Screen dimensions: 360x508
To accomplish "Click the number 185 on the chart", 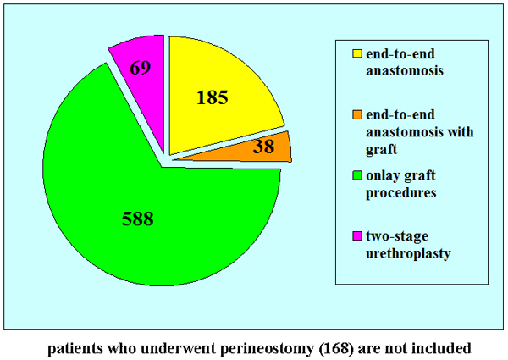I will click(x=213, y=97).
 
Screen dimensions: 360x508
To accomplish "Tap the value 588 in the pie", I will click(x=136, y=219).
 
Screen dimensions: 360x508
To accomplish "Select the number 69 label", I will click(x=141, y=64).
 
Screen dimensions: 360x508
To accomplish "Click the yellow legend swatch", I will click(x=357, y=54).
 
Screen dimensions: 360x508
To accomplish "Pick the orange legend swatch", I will click(x=357, y=113).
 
